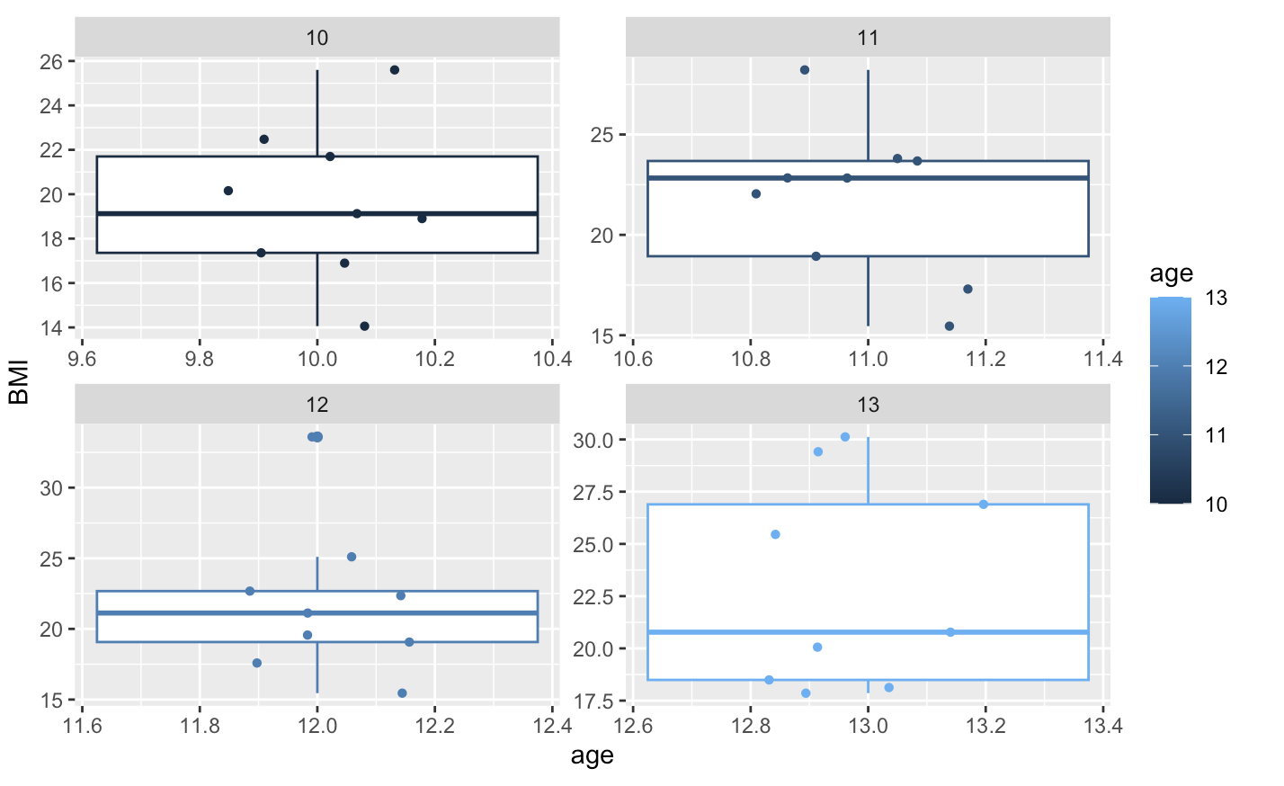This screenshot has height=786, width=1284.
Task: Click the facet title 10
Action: click(x=317, y=38)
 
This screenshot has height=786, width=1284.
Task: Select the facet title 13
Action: click(x=868, y=405)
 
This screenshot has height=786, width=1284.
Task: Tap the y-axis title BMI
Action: click(x=19, y=382)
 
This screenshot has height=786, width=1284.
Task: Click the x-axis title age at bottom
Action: click(x=592, y=756)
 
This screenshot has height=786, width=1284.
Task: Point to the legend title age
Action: click(x=1171, y=273)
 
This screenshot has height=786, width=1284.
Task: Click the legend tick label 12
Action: click(x=1216, y=367)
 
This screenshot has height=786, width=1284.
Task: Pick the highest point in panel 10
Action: click(x=394, y=70)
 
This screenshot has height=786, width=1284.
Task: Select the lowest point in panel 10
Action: click(x=364, y=326)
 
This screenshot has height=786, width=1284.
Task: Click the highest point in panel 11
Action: click(x=805, y=70)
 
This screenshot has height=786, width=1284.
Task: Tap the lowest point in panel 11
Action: click(x=950, y=326)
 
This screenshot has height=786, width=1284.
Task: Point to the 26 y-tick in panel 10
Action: click(x=51, y=62)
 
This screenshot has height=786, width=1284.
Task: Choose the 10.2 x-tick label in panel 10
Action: click(x=434, y=360)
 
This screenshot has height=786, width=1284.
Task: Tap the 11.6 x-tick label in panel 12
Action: click(x=83, y=727)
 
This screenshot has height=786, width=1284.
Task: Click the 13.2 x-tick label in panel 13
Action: click(x=985, y=727)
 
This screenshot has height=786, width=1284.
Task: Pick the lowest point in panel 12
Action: click(x=402, y=693)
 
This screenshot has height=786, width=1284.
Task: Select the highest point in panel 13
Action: click(x=845, y=437)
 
